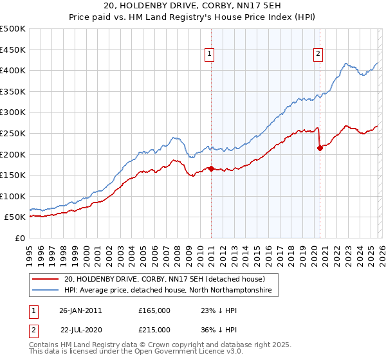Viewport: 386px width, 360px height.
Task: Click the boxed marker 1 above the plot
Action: point(211,55)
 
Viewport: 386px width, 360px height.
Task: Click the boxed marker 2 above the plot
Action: point(318,55)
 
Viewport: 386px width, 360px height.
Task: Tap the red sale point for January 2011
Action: point(211,169)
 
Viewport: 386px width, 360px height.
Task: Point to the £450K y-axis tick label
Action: point(13,50)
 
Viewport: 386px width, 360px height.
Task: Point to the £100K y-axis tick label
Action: point(13,196)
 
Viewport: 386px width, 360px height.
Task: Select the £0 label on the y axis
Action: point(19,239)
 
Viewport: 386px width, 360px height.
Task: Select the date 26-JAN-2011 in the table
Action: point(80,310)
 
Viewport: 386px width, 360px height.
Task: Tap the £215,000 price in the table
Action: point(154,329)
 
